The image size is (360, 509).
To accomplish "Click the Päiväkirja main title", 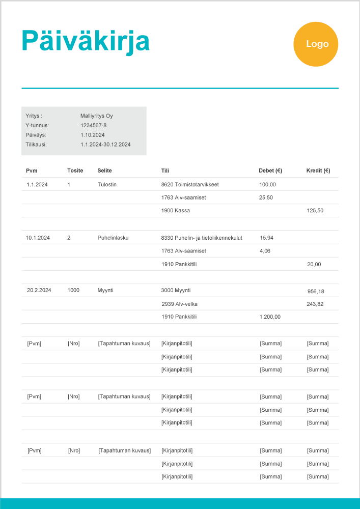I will pos(86,41).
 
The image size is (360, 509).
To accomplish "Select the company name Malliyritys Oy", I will pos(97,116).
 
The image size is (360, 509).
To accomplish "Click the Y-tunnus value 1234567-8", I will pos(94,125).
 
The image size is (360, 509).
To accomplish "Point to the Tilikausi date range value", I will pos(105,145).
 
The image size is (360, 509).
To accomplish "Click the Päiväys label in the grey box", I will pos(36,135).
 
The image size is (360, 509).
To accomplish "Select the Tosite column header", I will pos(75,171).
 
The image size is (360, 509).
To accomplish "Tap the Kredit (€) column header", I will pos(318,171).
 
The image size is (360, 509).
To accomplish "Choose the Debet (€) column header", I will pos(270,171).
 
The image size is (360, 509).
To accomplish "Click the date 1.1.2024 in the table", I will pos(37,184).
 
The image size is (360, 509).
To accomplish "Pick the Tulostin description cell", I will pos(107,184).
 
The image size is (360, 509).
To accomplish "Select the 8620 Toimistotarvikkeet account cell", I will pos(190,184).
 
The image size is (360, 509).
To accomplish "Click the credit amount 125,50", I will pos(315,210).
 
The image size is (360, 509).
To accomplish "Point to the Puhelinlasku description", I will pos(113,238).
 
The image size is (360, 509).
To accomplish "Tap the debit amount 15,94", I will pos(267,238).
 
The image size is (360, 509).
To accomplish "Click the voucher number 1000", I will pos(74,290).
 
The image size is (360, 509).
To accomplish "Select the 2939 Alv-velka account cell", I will pos(179,304).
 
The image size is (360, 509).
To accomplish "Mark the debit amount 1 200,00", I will pos(270,317).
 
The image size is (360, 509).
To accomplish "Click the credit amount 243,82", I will pos(315,304).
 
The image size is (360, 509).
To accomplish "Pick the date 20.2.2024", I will pos(39,290).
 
